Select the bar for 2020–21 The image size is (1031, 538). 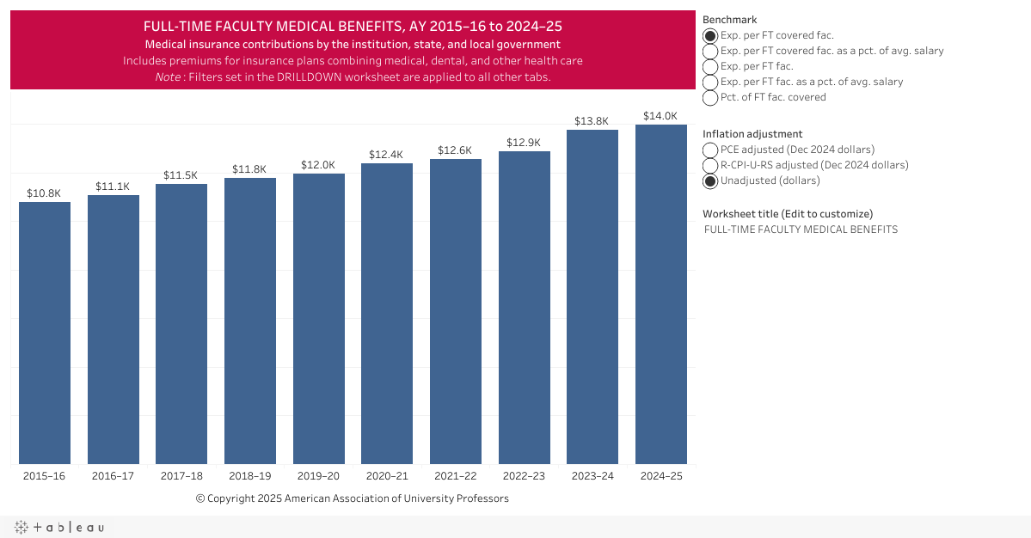coord(387,314)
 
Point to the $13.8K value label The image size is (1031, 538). coord(592,121)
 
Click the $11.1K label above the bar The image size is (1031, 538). coord(113,186)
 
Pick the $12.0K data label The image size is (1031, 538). coord(318,165)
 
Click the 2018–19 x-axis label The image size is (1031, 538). coord(250,476)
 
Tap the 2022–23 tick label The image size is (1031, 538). coord(525,476)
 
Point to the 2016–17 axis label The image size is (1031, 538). coord(113,476)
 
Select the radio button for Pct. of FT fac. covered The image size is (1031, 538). coord(710,98)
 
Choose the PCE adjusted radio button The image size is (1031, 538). coord(710,150)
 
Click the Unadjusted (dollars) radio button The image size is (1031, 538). coord(710,181)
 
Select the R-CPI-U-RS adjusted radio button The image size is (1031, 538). coord(710,166)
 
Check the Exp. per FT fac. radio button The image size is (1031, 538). coord(710,67)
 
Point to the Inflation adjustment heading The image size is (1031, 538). coord(752,134)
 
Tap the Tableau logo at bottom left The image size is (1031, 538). coord(59,527)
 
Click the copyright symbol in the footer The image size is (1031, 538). coord(200,498)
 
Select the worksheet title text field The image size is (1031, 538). coord(801,229)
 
